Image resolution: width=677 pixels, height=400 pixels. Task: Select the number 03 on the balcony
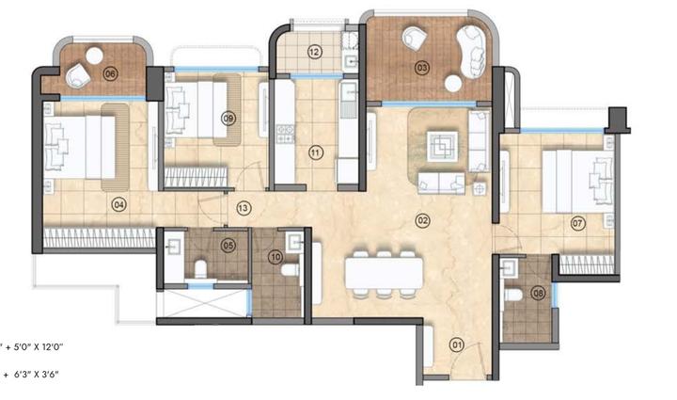point(422,68)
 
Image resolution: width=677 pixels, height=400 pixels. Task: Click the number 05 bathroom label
point(228,247)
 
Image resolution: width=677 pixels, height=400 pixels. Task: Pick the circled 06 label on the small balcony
point(110,73)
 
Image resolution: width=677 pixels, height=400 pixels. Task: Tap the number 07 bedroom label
point(578,224)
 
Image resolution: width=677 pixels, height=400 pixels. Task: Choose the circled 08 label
point(538,294)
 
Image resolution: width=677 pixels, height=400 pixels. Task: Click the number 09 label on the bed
point(228,118)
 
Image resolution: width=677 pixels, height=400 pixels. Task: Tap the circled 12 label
point(314,52)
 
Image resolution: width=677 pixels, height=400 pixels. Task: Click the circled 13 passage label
point(243,208)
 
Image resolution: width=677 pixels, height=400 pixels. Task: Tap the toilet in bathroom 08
point(512,295)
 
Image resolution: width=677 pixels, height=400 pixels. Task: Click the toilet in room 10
point(291,270)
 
